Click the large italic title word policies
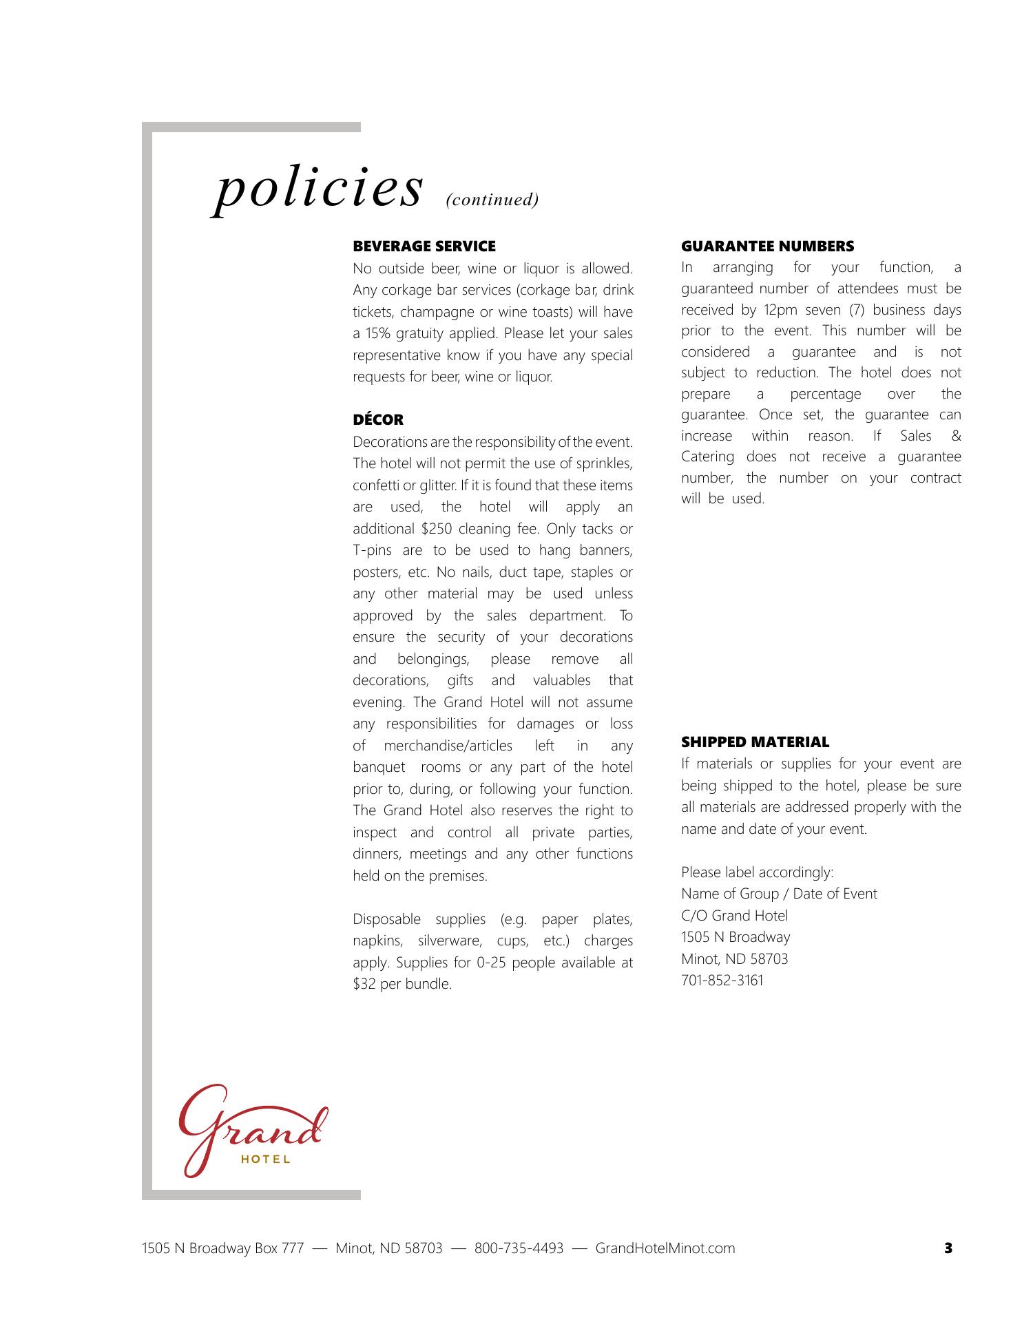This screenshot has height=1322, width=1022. (317, 189)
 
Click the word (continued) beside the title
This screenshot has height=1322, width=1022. (492, 200)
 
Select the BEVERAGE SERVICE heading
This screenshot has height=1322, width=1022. (424, 246)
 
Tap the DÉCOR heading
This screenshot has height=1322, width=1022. (378, 420)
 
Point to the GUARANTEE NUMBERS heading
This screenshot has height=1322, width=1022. (767, 246)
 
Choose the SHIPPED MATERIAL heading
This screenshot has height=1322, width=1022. (755, 742)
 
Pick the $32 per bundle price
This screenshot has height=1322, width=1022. (365, 984)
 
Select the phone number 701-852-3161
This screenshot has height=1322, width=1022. (722, 980)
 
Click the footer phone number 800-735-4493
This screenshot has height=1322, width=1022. (519, 1248)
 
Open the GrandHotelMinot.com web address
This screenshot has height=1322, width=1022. (665, 1248)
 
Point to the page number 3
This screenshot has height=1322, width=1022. (948, 1248)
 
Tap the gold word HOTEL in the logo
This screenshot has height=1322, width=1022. (266, 1160)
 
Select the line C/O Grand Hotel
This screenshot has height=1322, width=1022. (734, 916)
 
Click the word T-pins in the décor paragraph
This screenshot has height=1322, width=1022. (372, 551)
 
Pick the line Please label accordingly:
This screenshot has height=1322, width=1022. (757, 872)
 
